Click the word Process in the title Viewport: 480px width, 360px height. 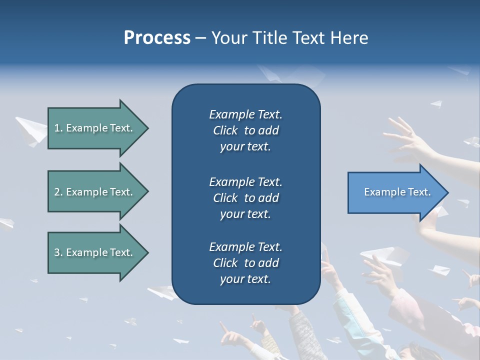pos(157,38)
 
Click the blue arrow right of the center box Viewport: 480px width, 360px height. pos(395,192)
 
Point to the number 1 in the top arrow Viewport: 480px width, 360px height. pos(57,128)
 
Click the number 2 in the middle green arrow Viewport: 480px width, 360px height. pos(57,192)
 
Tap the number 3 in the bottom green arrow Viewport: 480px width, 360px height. pos(57,252)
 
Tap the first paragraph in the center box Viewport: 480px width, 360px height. pos(245,130)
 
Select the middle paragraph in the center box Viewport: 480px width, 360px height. pos(245,198)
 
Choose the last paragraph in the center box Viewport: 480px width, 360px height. pos(245,263)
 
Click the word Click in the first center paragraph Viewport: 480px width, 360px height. pos(225,130)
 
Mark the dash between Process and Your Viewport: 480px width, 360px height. pos(200,38)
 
